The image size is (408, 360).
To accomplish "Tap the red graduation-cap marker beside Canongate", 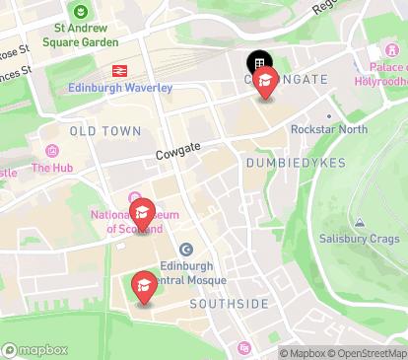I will [265, 84].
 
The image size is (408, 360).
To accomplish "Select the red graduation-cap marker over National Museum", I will [143, 214].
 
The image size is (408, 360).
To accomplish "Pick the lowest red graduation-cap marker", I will [144, 287].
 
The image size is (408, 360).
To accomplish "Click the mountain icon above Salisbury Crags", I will [360, 223].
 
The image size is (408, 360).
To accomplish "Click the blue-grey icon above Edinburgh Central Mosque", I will [186, 250].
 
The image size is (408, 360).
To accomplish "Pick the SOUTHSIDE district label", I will [229, 304].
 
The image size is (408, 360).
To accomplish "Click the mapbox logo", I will [35, 349].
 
